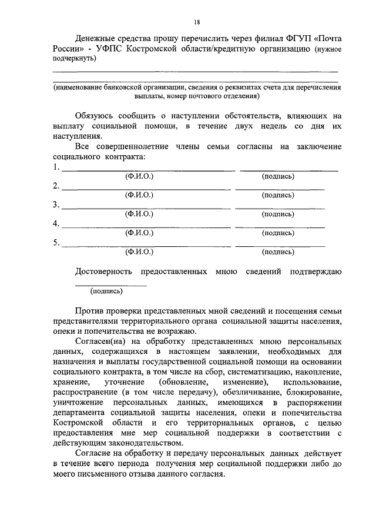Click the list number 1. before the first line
click(x=56, y=167)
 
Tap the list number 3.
click(x=56, y=205)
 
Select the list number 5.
click(x=56, y=242)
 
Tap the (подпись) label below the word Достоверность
click(x=107, y=290)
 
